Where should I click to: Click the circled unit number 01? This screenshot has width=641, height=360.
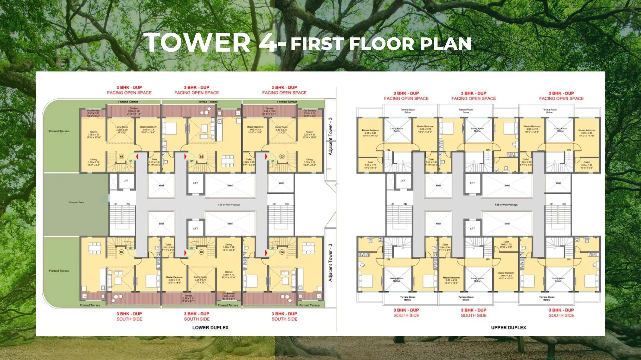[121, 156]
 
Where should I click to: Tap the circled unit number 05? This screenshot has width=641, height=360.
[201, 252]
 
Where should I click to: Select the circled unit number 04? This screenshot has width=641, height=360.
[282, 252]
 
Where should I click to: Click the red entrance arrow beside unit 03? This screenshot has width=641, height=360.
[266, 156]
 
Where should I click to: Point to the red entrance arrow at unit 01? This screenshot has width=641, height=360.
[137, 156]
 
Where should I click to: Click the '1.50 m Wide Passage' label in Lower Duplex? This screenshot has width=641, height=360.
[229, 205]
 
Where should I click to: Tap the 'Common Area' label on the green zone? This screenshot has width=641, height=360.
[76, 202]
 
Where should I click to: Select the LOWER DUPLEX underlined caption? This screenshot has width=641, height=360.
[210, 328]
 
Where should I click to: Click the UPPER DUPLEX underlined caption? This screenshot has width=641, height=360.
[508, 328]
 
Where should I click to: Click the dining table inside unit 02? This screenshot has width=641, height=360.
[228, 160]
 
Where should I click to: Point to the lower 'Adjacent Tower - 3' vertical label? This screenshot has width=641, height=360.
[330, 263]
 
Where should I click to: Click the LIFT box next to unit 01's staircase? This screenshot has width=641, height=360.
[126, 181]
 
